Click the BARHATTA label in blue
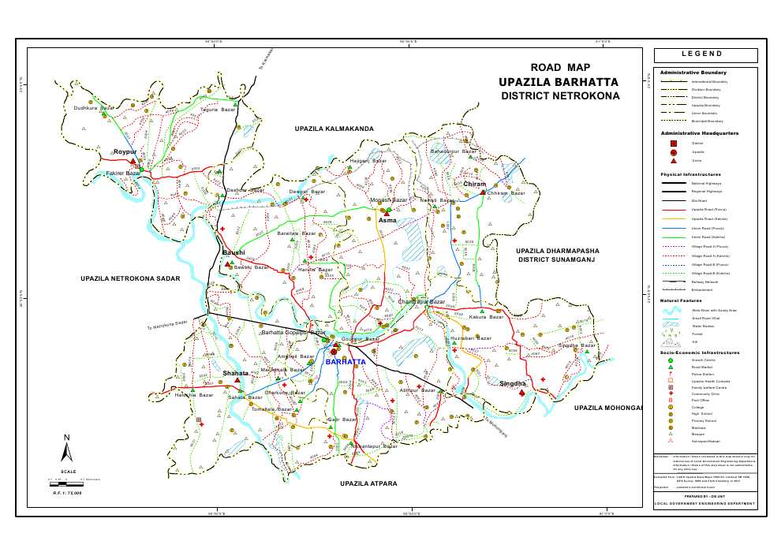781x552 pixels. tap(345, 361)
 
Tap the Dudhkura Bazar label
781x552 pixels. tap(94, 108)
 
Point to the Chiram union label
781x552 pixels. tap(475, 185)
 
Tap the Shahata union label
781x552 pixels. tap(235, 373)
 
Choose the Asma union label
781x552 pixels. tap(387, 221)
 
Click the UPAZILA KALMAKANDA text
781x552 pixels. tap(334, 128)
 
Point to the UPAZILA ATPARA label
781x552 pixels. tap(368, 483)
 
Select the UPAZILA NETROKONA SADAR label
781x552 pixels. tap(130, 278)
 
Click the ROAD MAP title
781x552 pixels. tap(560, 68)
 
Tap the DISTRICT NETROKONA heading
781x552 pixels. tap(560, 96)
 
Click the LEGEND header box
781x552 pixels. tap(705, 54)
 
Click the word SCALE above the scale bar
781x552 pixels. tap(68, 472)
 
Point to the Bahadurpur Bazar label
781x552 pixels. tap(454, 150)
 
